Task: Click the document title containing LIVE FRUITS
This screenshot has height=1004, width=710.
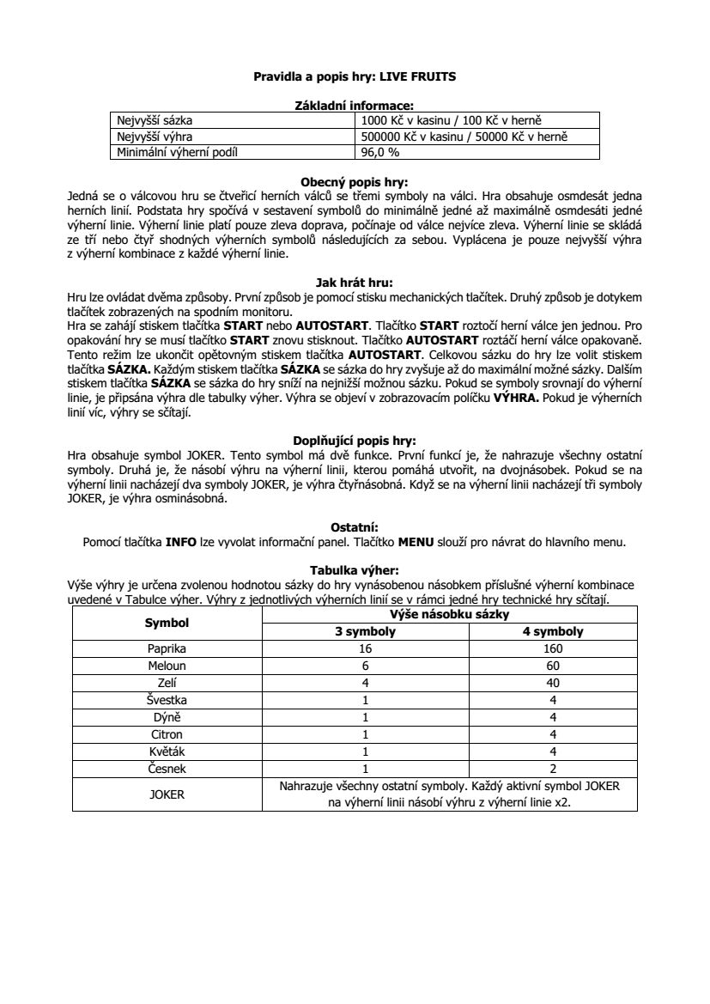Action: point(355,76)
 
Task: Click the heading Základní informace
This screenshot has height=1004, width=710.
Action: point(355,105)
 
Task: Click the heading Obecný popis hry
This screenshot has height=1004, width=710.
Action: point(355,182)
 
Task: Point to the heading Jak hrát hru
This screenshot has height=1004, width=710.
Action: point(355,280)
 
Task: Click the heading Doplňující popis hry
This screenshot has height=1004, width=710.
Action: point(355,441)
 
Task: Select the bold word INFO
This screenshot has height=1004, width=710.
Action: point(181,542)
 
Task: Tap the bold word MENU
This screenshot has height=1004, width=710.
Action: point(416,542)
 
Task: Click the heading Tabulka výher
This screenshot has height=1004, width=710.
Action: point(355,569)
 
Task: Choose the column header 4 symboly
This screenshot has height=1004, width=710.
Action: point(553,631)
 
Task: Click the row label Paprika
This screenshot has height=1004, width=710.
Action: point(167,648)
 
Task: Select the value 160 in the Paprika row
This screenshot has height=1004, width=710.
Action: point(553,648)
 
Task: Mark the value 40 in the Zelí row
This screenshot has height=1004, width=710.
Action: point(553,683)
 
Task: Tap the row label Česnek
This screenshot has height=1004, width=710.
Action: point(167,769)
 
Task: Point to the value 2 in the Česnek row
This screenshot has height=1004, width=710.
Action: point(553,769)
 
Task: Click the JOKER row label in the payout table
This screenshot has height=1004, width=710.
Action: point(167,794)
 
